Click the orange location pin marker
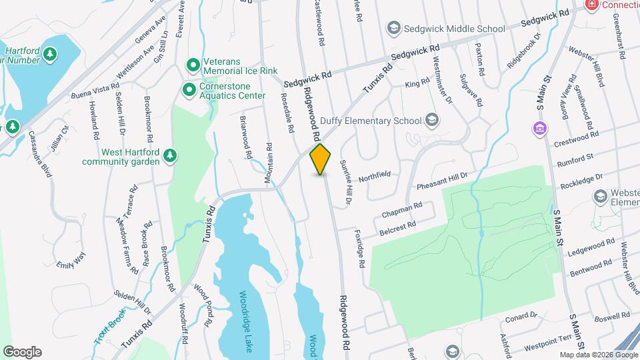click(320, 159)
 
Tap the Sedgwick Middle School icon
click(393, 29)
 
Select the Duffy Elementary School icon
click(432, 121)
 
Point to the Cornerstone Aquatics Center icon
click(189, 89)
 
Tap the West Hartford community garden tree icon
click(171, 155)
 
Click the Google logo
click(22, 351)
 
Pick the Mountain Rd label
click(269, 162)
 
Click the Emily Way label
click(71, 259)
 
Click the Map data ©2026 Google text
click(597, 355)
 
